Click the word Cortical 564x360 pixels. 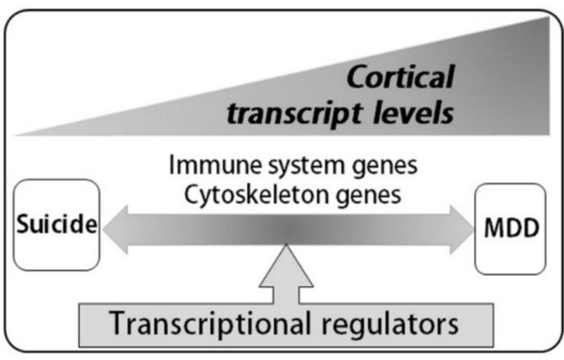[x=399, y=78]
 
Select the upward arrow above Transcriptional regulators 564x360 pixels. [x=286, y=272]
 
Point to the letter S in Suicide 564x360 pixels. [x=21, y=226]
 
